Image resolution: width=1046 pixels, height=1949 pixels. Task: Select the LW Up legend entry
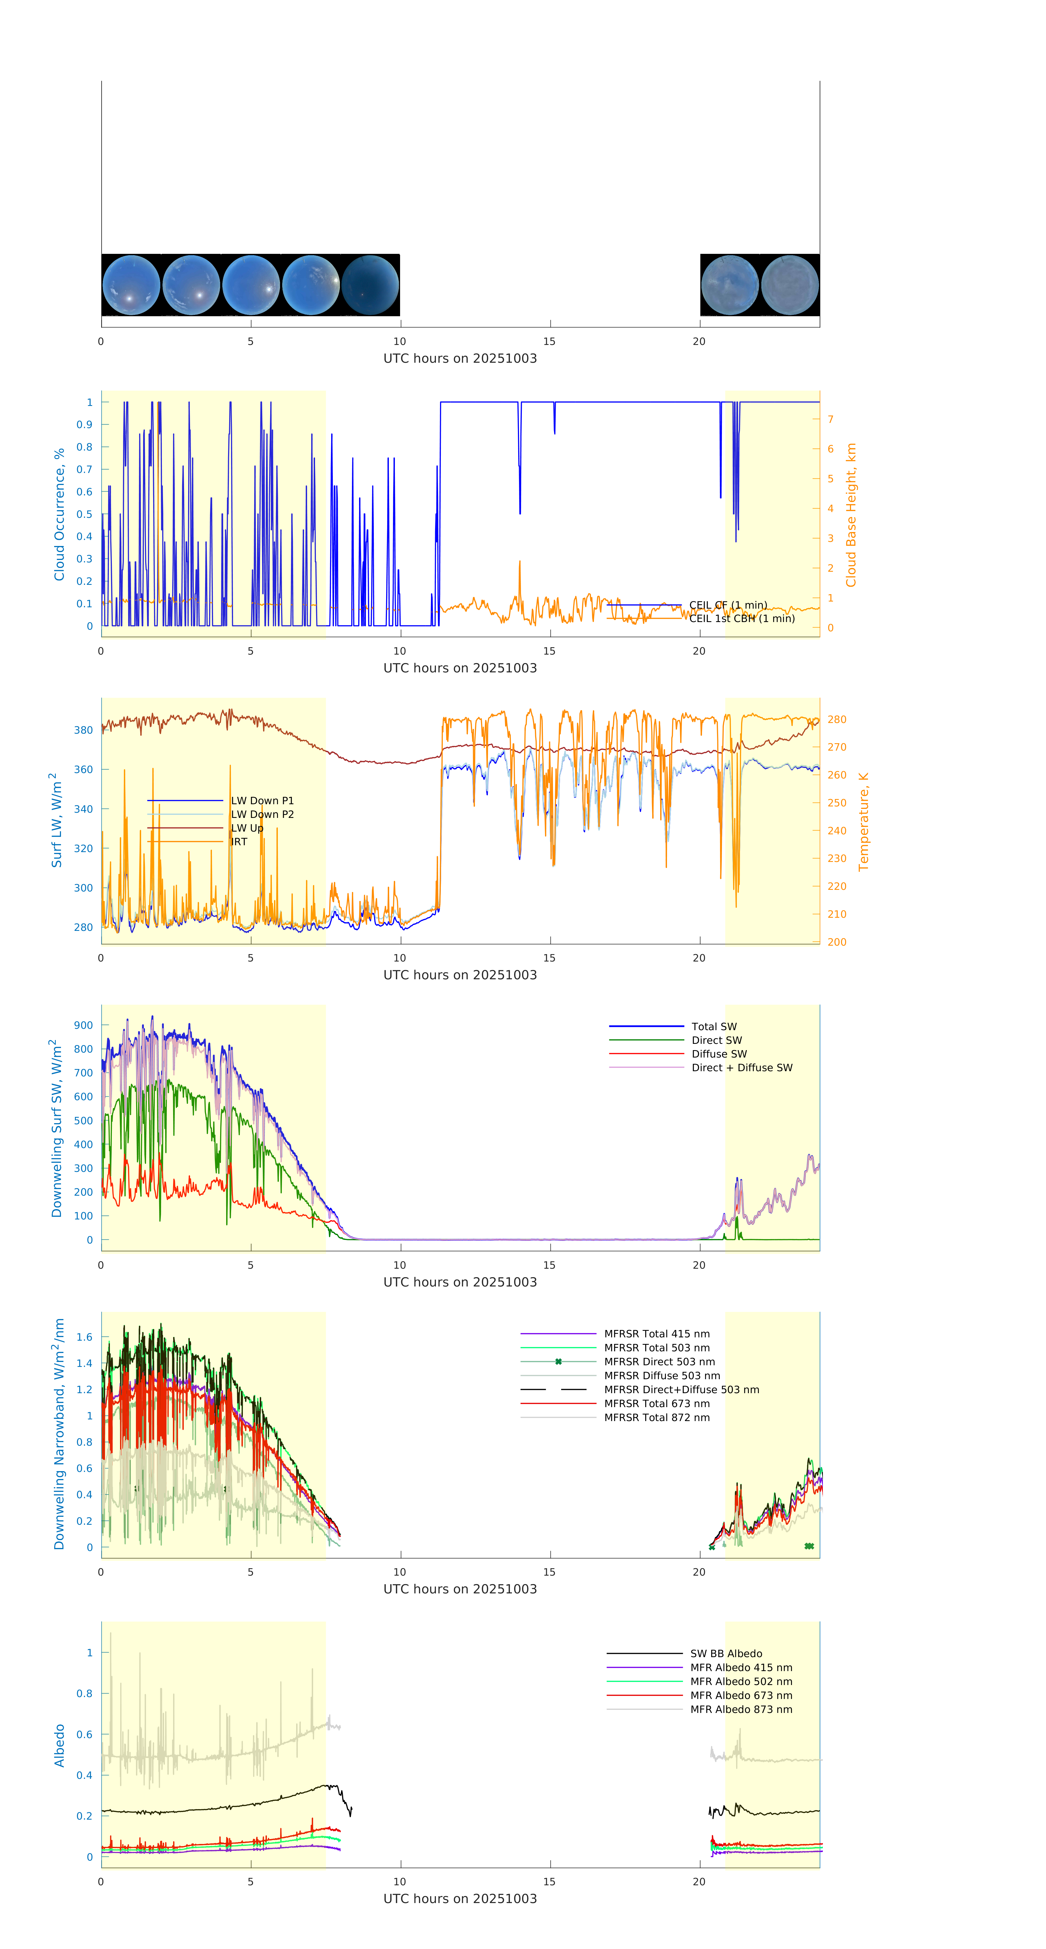point(247,828)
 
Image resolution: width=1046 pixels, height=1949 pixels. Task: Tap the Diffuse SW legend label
point(718,1054)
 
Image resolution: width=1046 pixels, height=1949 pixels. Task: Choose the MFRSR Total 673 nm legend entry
point(657,1404)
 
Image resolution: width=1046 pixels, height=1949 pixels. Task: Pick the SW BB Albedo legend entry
point(726,1653)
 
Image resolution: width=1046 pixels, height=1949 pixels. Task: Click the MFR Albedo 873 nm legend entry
point(741,1709)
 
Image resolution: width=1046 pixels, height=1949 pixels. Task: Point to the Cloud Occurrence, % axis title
point(59,515)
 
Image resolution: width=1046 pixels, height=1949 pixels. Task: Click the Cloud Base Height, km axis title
point(851,515)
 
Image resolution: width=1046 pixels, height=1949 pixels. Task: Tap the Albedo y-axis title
point(59,1745)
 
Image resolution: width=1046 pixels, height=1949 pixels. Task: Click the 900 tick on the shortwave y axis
point(83,1025)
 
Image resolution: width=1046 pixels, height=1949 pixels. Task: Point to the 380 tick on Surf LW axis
point(83,730)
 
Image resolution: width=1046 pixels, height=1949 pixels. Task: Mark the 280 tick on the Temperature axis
point(837,719)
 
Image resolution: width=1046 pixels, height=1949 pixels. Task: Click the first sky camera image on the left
point(131,285)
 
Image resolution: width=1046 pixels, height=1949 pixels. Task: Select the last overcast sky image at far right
point(789,285)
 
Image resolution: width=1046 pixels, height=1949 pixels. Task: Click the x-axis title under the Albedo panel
point(460,1898)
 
